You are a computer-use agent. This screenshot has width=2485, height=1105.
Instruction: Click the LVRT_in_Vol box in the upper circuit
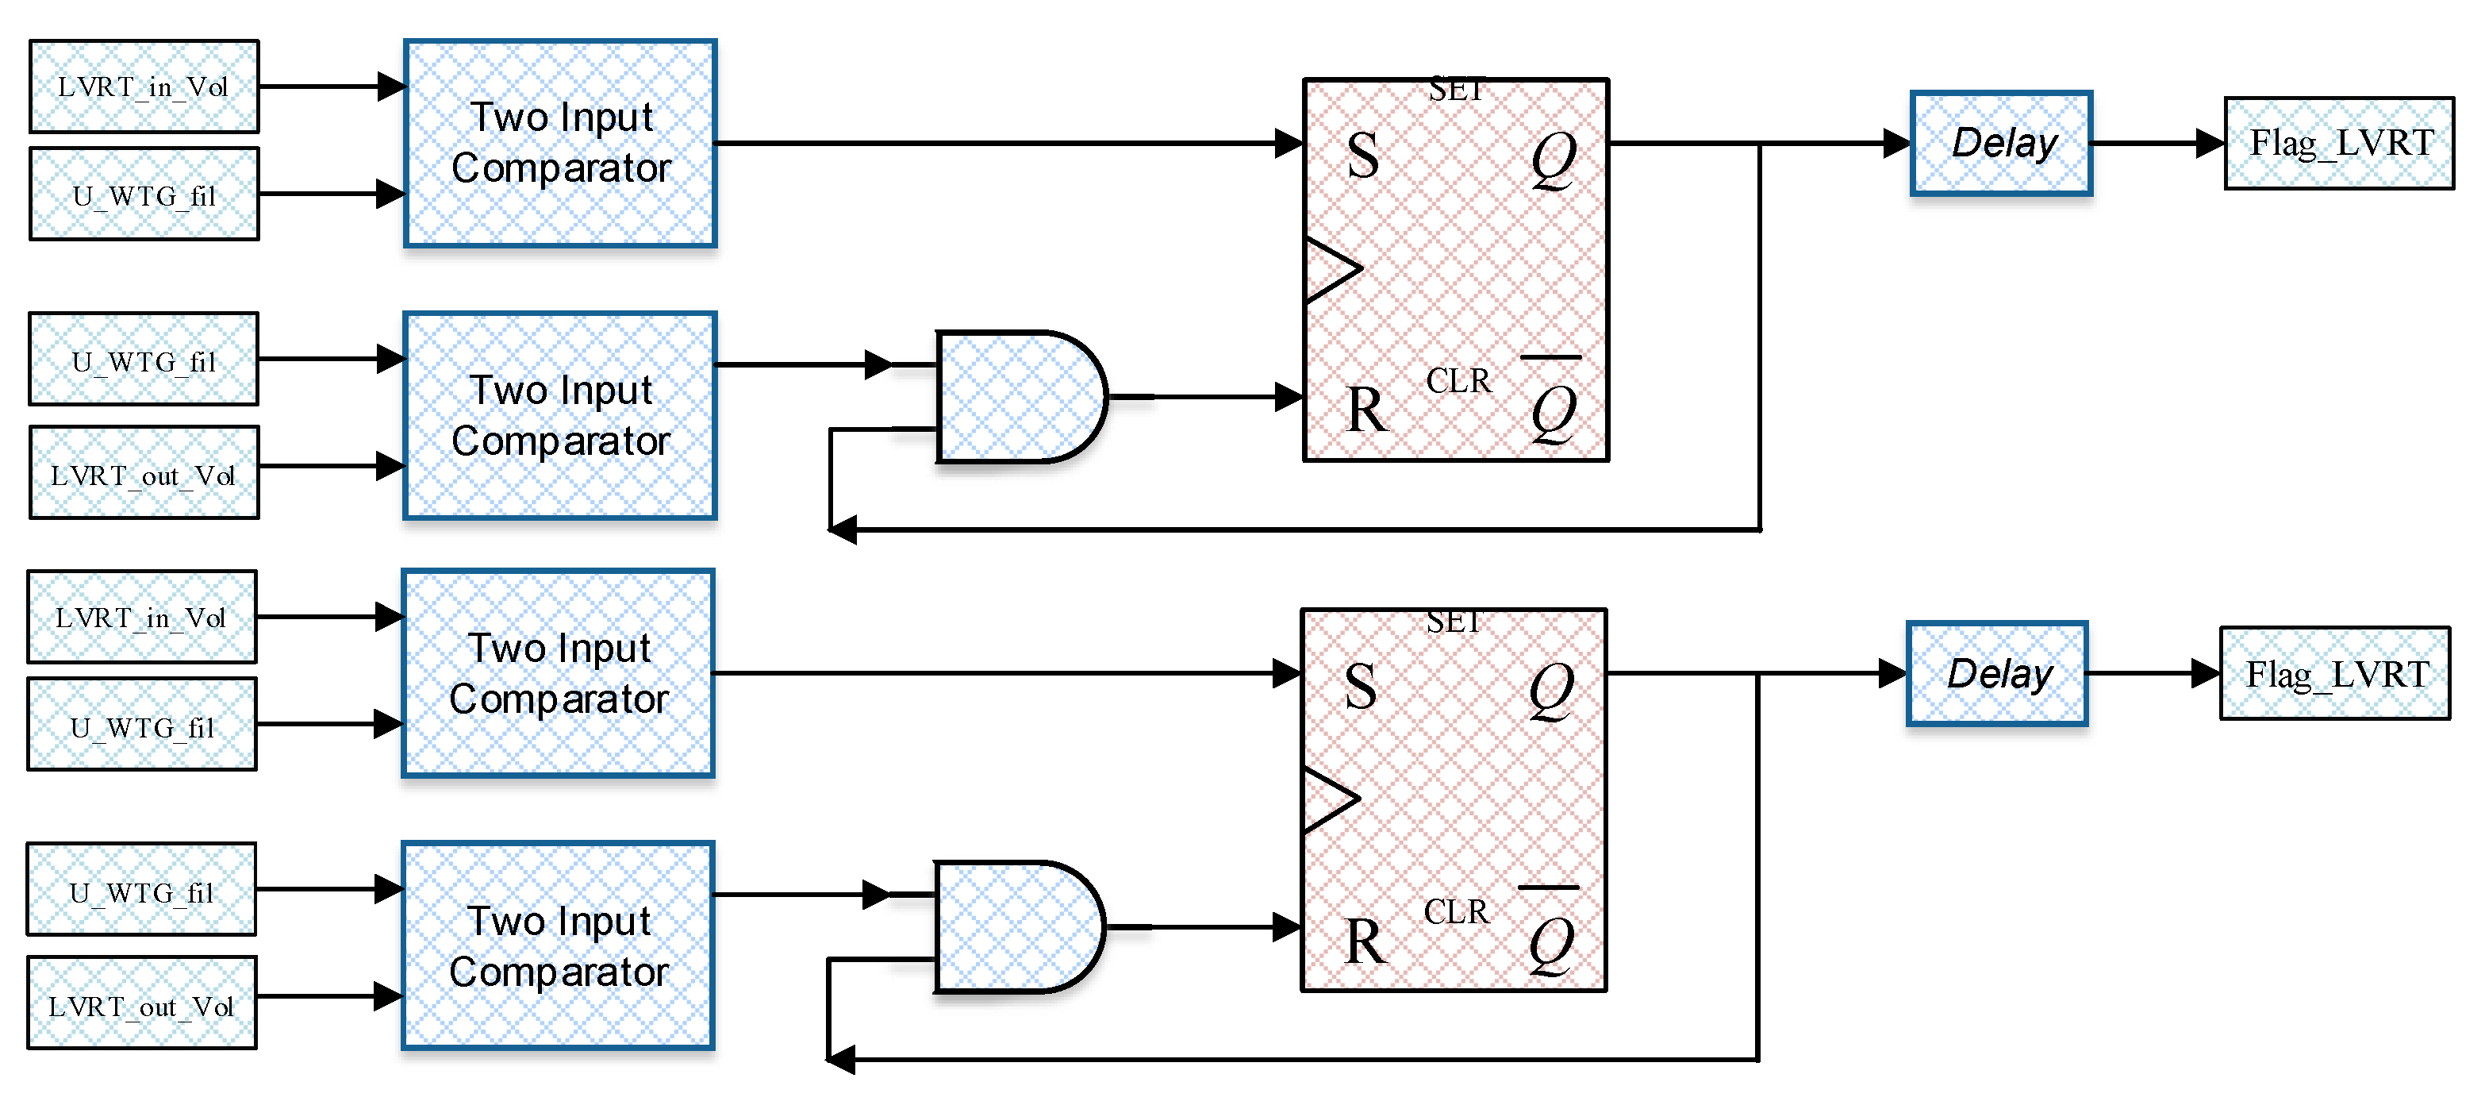coord(144,87)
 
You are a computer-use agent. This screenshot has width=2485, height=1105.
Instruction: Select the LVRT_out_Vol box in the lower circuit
coord(142,1003)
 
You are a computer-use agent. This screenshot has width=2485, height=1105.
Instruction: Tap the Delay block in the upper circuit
coord(2002,144)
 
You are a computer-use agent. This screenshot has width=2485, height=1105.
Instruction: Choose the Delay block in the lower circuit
coord(1998,674)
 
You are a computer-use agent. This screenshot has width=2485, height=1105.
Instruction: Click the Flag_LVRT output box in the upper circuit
coord(2339,144)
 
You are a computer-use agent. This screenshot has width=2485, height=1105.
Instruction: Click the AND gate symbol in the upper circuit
coord(1019,397)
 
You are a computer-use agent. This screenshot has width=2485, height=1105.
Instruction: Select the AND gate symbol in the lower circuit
coord(1016,927)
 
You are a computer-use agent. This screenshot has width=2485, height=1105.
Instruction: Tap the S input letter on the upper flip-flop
coord(1362,156)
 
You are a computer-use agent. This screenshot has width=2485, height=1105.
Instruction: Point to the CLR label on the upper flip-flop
coord(1458,381)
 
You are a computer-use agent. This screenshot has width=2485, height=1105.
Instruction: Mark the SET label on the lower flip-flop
coord(1454,622)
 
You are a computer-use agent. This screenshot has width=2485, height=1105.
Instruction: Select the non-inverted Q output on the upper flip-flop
coord(1554,160)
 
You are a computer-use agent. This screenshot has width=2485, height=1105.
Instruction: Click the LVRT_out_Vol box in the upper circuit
coord(144,474)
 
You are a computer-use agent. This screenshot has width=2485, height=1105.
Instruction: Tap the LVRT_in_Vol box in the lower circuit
coord(142,617)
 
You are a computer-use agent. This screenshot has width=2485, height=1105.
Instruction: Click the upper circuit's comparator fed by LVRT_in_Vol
coord(560,143)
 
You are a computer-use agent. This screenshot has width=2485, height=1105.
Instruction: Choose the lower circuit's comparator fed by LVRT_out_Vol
coord(559,945)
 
